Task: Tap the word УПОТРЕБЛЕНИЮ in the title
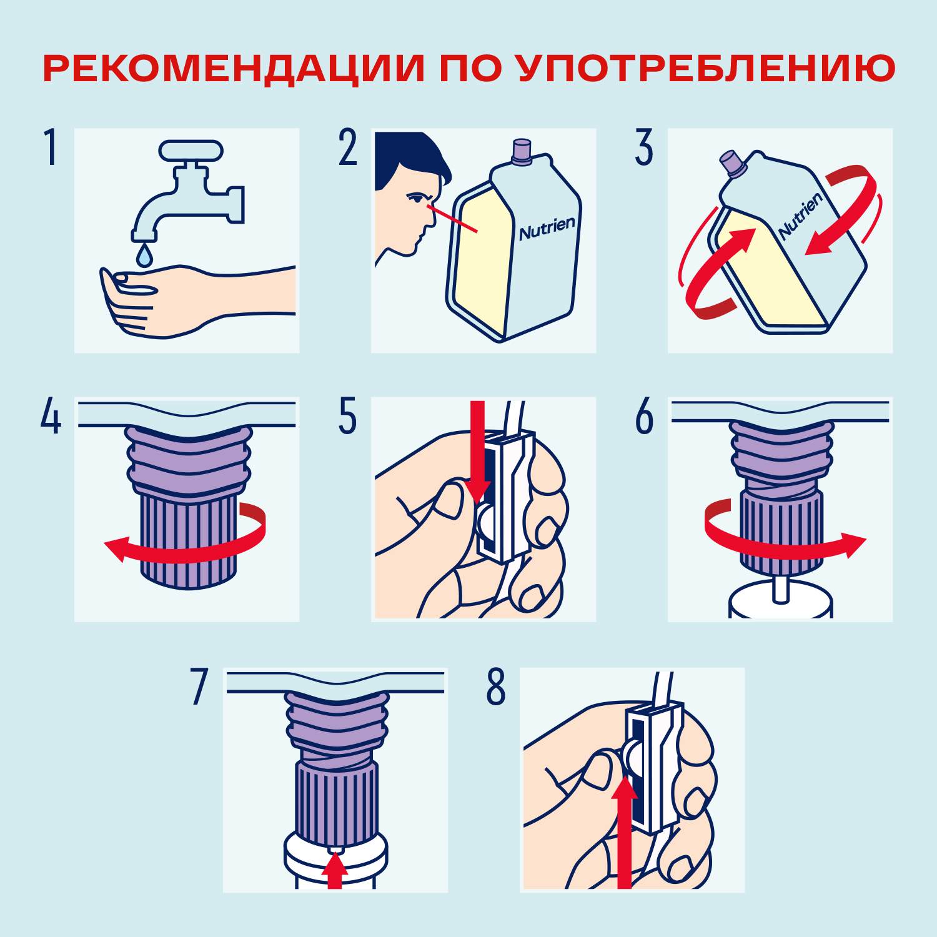pos(706,69)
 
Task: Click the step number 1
pos(51,147)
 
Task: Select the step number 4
pos(51,416)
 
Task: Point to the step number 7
pos(199,687)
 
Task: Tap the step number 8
pos(496,687)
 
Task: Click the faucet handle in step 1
pos(191,150)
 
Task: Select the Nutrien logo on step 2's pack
pos(547,229)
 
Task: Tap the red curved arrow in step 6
pos(781,548)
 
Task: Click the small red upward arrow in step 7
pos(335,870)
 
